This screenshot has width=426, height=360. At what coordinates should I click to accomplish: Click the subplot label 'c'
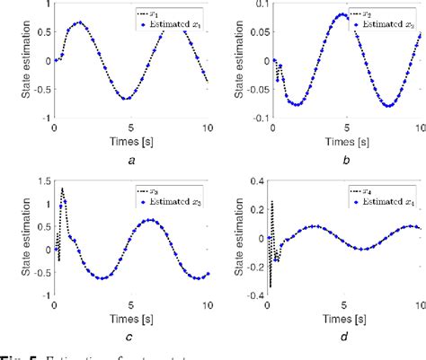click(131, 337)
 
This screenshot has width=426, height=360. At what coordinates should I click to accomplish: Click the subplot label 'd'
click(344, 337)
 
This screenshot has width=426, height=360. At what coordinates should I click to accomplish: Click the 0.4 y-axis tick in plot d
click(254, 180)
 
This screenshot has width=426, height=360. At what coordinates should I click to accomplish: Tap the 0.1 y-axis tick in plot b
click(254, 4)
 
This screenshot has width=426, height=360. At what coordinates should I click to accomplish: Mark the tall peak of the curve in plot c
click(62, 189)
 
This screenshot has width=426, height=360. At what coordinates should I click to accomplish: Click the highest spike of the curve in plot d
click(271, 204)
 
